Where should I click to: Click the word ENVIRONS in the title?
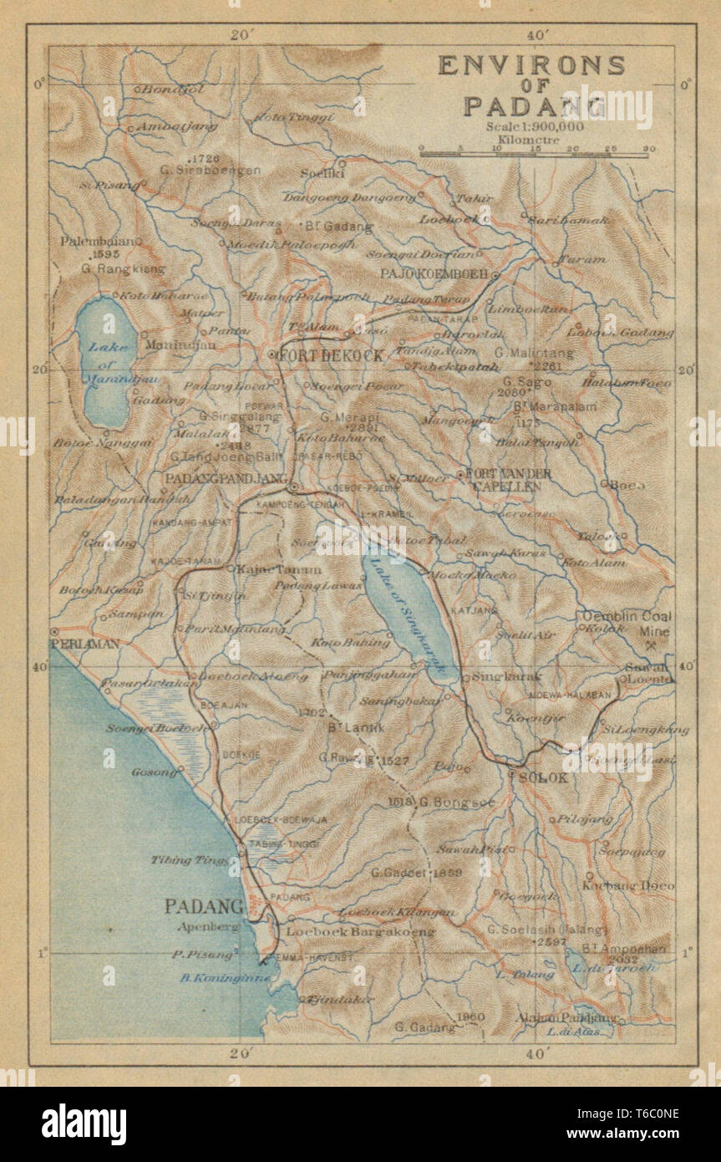point(531,65)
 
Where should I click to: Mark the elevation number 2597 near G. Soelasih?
point(552,941)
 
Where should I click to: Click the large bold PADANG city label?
point(204,905)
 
